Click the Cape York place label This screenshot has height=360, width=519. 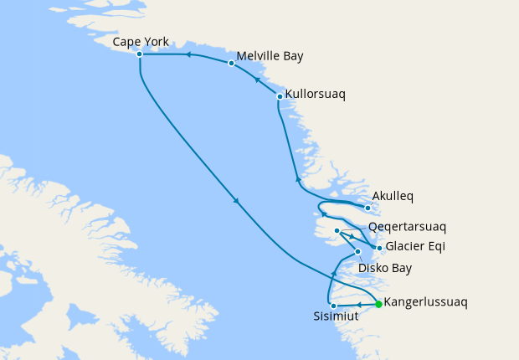point(141,40)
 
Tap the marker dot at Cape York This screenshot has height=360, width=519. point(139,54)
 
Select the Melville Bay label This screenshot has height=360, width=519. point(270,56)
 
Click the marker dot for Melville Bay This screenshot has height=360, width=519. point(231,63)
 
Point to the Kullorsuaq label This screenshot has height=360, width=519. point(316,95)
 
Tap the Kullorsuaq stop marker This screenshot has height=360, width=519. point(280,97)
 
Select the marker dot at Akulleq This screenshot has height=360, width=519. point(367,208)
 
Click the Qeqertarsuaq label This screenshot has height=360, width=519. point(408,226)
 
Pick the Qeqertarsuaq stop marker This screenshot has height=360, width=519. point(337,231)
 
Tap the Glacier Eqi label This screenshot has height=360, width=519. point(415,246)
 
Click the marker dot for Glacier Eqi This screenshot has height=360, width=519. point(379,248)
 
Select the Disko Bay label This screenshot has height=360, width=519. point(384,268)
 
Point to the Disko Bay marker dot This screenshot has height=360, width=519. point(358,252)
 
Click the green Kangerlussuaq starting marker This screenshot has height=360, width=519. point(378,304)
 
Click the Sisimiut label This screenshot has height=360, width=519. point(335,319)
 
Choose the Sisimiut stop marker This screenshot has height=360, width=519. point(333,306)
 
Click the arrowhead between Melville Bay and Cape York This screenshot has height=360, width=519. point(188,55)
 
